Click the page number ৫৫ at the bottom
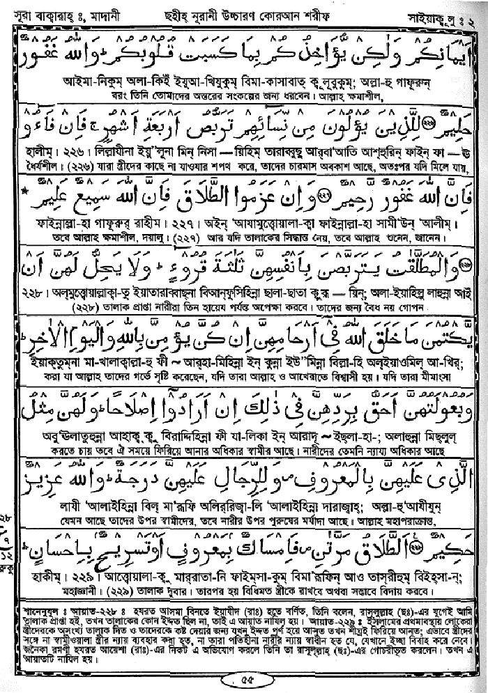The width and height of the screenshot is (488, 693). coord(243,676)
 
